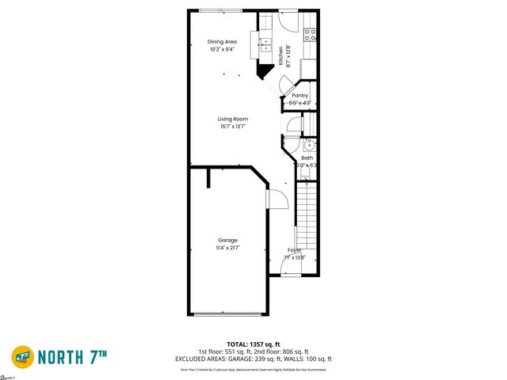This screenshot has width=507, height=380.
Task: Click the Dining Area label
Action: [x=222, y=42]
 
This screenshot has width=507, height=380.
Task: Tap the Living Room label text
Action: [x=233, y=119]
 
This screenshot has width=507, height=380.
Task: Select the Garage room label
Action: [x=228, y=240]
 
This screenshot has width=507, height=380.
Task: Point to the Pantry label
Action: [x=299, y=95]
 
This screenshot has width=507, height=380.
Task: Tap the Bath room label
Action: [x=307, y=158]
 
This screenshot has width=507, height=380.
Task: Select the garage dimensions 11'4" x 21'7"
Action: [x=228, y=248]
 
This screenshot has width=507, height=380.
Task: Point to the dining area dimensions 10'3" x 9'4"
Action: [x=222, y=50]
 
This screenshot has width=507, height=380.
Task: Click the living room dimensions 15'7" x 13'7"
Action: [x=233, y=127]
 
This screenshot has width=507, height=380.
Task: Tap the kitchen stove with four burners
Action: [x=311, y=35]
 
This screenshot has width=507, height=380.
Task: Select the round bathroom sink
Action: [x=310, y=146]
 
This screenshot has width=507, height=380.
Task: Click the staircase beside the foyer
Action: [x=307, y=214]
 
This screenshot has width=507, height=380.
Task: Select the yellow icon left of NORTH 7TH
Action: [x=23, y=358]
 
